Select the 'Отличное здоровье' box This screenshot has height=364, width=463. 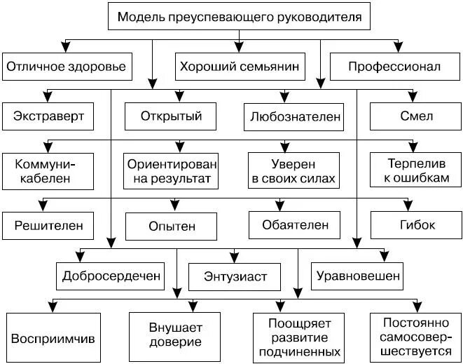click(66, 67)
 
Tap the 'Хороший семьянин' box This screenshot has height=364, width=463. click(240, 67)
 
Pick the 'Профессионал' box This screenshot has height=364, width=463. click(394, 67)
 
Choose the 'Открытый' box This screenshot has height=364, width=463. click(171, 116)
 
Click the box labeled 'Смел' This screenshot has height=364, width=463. click(413, 116)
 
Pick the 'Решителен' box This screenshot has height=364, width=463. click(48, 226)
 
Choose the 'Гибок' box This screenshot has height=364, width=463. click(413, 226)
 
